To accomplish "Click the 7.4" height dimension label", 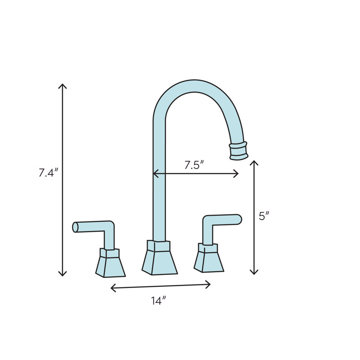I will [x=49, y=173].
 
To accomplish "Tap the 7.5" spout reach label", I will [x=194, y=165].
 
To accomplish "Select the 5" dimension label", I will [x=264, y=216].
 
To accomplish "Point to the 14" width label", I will [x=159, y=301].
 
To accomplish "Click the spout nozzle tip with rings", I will [x=238, y=150].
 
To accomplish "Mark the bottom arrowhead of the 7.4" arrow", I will [x=63, y=275].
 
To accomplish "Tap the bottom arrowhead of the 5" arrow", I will [x=254, y=273].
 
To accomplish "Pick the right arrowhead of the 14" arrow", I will [x=210, y=284].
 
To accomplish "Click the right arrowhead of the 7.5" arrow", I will [x=237, y=174].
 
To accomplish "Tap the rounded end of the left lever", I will [x=75, y=227].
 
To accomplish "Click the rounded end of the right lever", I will [x=239, y=219].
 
